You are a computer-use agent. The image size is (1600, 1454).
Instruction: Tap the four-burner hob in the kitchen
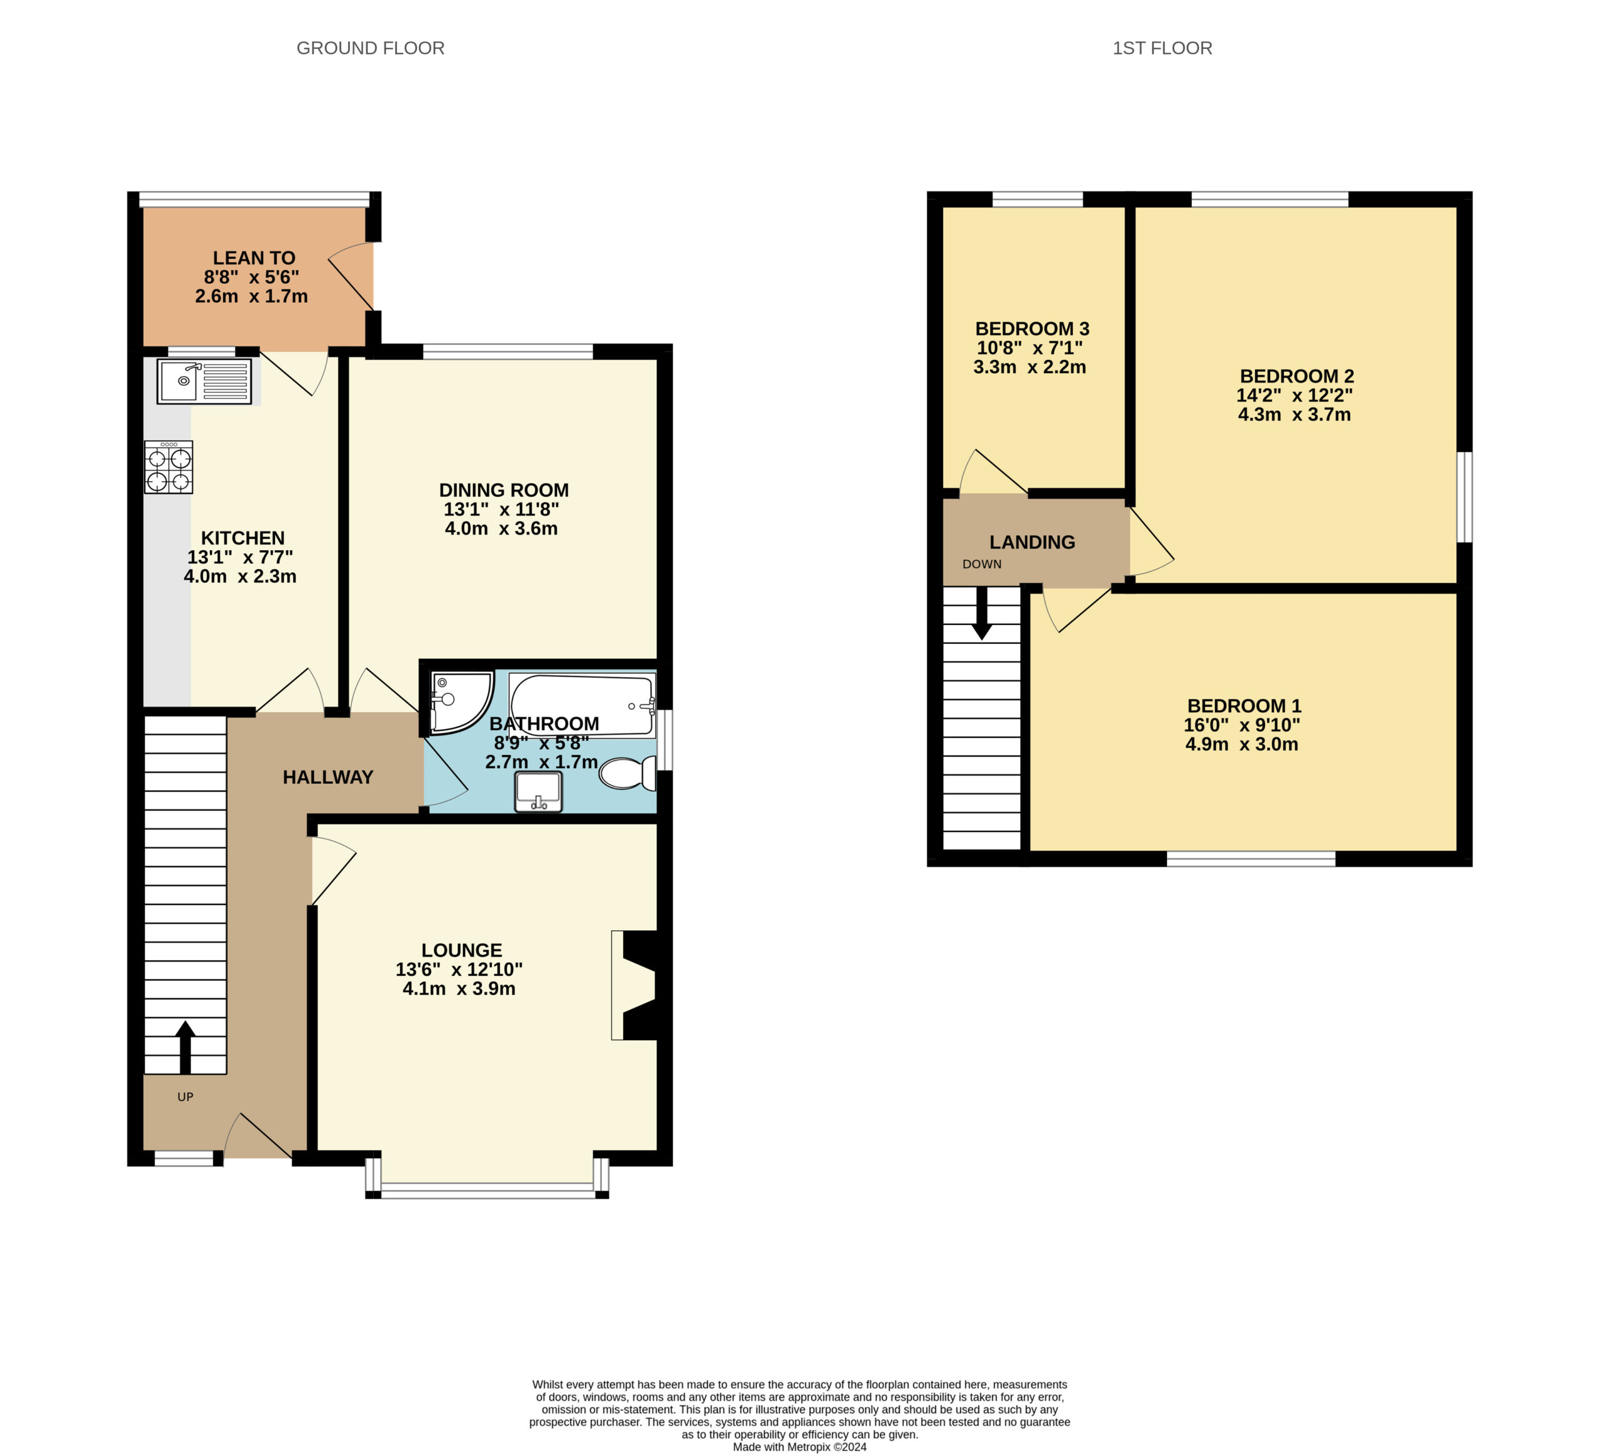pyautogui.click(x=168, y=468)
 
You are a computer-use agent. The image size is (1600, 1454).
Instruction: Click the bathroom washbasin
pyautogui.click(x=538, y=792)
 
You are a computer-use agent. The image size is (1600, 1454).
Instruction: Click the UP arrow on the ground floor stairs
pyautogui.click(x=185, y=1047)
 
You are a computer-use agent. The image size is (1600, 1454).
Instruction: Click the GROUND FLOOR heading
pyautogui.click(x=371, y=48)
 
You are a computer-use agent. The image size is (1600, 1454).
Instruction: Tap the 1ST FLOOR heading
pyautogui.click(x=1162, y=48)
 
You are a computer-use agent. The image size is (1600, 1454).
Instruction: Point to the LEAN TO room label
pyautogui.click(x=254, y=258)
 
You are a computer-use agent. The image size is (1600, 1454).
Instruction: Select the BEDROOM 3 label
pyautogui.click(x=1032, y=329)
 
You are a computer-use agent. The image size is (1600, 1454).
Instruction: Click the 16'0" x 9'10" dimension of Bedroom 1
pyautogui.click(x=1242, y=724)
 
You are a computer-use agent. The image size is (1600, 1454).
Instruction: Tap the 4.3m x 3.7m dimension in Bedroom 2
pyautogui.click(x=1294, y=414)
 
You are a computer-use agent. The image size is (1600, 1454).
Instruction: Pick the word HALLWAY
pyautogui.click(x=327, y=777)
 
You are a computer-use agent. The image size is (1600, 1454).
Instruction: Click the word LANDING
pyautogui.click(x=1032, y=542)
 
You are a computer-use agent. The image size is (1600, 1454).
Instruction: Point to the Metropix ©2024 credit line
pyautogui.click(x=799, y=1447)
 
